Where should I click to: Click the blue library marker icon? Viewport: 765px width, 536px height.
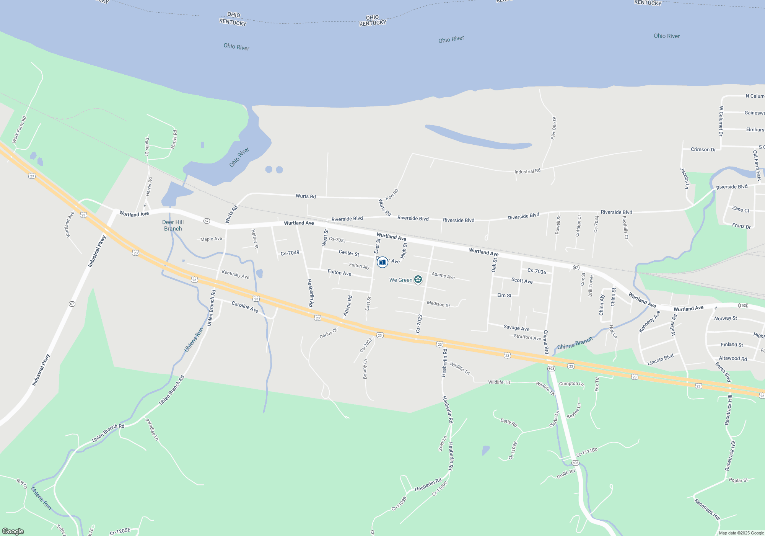[382, 262]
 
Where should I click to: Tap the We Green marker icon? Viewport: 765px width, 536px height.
[418, 279]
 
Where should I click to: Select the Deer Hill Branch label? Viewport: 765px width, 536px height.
[173, 225]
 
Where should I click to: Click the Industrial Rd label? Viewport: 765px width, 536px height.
[527, 171]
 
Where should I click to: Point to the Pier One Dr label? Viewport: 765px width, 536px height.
[553, 128]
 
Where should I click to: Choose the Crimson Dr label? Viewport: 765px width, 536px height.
[703, 149]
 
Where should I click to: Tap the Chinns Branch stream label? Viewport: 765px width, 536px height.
[575, 343]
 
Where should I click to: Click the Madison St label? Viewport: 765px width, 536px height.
[438, 304]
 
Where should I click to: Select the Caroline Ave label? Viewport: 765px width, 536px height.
[245, 306]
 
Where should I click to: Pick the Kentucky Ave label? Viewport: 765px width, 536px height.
[235, 275]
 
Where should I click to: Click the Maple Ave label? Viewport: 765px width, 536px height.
[211, 239]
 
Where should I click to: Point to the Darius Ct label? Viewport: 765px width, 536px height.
[328, 333]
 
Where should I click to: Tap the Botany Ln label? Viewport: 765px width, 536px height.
[365, 369]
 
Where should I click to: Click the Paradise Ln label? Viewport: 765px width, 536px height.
[152, 429]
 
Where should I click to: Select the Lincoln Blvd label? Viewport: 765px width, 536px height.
[660, 360]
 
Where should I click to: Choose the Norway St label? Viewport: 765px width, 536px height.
[725, 318]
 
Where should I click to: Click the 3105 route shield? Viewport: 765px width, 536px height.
[743, 305]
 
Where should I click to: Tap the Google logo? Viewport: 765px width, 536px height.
[13, 531]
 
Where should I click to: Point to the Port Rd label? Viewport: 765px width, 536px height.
[392, 194]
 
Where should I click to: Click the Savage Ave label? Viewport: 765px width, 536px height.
[516, 328]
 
